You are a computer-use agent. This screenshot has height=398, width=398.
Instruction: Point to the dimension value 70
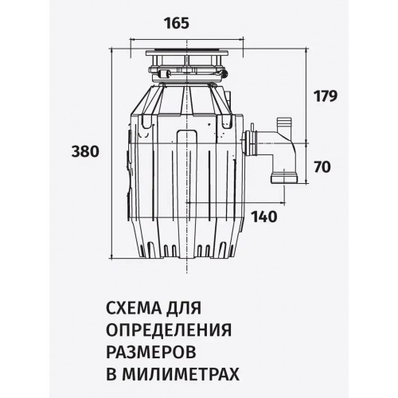323,168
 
